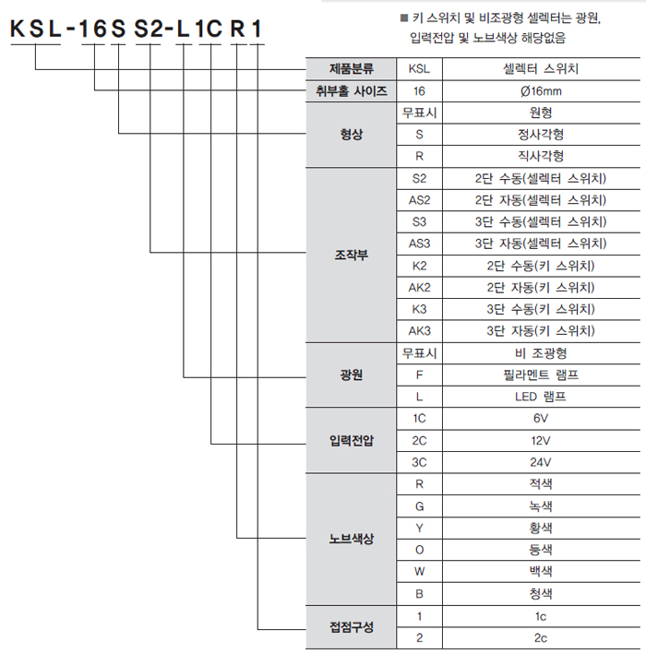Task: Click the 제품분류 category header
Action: pyautogui.click(x=352, y=69)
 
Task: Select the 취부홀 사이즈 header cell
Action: pyautogui.click(x=352, y=91)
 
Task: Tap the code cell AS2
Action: pyautogui.click(x=419, y=200)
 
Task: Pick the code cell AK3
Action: pyautogui.click(x=419, y=331)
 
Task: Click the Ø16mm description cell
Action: pyautogui.click(x=541, y=91)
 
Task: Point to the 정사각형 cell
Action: pyautogui.click(x=541, y=135)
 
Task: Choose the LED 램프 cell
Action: pyautogui.click(x=541, y=397)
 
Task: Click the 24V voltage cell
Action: pyautogui.click(x=541, y=462)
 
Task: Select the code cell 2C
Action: pyautogui.click(x=419, y=440)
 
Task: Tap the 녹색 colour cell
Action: pyautogui.click(x=541, y=505)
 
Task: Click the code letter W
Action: pyautogui.click(x=419, y=571)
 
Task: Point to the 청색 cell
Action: pyautogui.click(x=541, y=593)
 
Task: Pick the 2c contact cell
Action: pyautogui.click(x=541, y=637)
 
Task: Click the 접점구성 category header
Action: pyautogui.click(x=352, y=627)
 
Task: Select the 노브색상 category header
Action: pyautogui.click(x=352, y=539)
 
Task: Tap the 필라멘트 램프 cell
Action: pyautogui.click(x=541, y=375)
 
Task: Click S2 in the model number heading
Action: pyautogui.click(x=149, y=29)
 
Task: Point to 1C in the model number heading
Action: pyautogui.click(x=209, y=29)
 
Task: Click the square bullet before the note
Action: pyautogui.click(x=404, y=18)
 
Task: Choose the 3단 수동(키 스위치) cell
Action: pyautogui.click(x=541, y=309)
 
